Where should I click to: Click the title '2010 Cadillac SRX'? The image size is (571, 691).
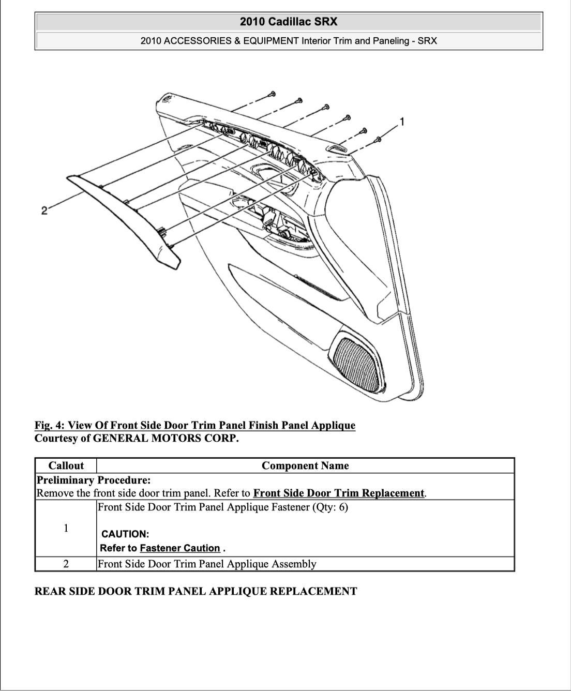[x=288, y=22]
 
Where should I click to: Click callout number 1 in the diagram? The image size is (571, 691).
[x=402, y=122]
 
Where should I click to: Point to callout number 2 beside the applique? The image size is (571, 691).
[x=44, y=210]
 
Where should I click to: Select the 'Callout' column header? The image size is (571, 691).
[x=66, y=465]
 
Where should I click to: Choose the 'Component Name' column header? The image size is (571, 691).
[x=305, y=465]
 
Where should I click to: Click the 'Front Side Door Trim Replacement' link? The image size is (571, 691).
[x=339, y=493]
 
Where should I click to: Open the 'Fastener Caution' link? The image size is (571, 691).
[x=180, y=548]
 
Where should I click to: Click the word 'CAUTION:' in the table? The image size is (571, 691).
[x=125, y=534]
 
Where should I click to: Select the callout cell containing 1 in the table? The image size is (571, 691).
[x=66, y=528]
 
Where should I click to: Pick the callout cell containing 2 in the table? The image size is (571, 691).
[x=66, y=564]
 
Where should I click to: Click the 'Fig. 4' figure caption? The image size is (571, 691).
[x=194, y=426]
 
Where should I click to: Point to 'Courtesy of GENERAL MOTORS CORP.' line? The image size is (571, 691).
[x=137, y=439]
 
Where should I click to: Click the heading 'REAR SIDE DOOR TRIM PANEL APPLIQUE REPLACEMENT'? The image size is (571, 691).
[x=196, y=591]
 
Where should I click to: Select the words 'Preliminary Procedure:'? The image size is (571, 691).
[x=94, y=480]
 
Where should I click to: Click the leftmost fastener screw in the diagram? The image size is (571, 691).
[x=272, y=94]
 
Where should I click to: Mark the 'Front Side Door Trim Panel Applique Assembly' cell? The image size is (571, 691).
[x=207, y=564]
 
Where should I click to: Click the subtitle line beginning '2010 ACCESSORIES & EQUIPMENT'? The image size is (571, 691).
[x=288, y=41]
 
